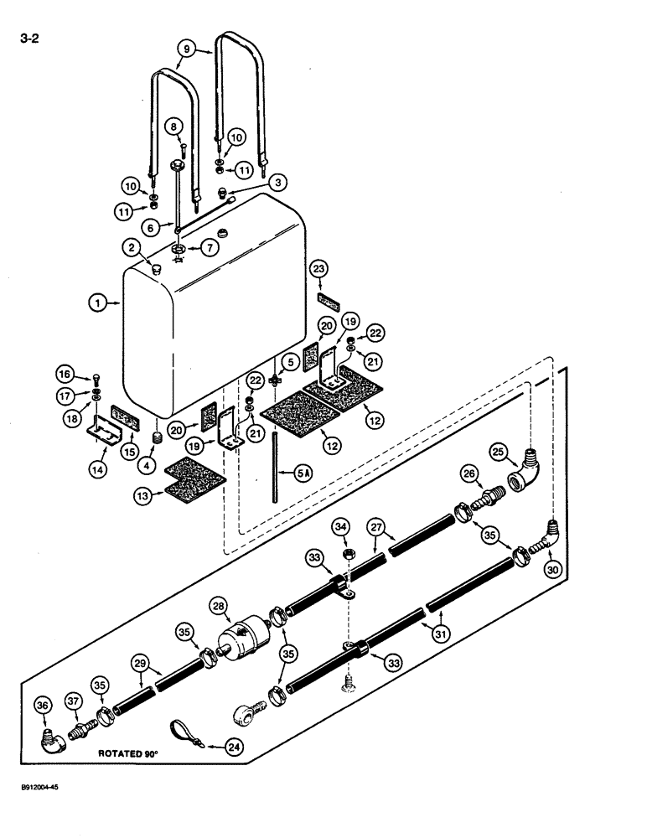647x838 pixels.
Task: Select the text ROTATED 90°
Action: [135, 753]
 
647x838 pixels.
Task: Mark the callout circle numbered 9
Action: [186, 49]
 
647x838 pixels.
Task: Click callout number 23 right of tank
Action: [322, 269]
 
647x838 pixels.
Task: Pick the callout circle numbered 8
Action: [173, 127]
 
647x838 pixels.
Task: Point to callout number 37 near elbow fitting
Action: [73, 701]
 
